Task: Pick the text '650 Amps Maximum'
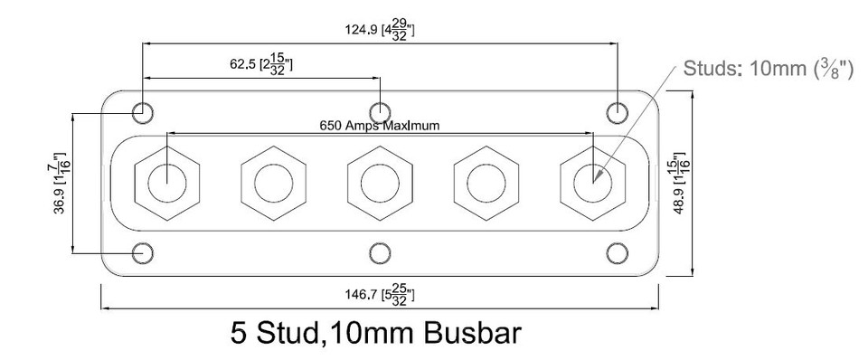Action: point(380,126)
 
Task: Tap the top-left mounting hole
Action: point(142,112)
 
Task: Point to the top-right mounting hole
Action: point(617,112)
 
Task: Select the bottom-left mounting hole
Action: point(142,252)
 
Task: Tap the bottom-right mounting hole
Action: point(617,252)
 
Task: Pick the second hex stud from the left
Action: point(273,183)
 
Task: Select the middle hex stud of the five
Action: point(380,183)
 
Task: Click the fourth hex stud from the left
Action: point(486,183)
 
